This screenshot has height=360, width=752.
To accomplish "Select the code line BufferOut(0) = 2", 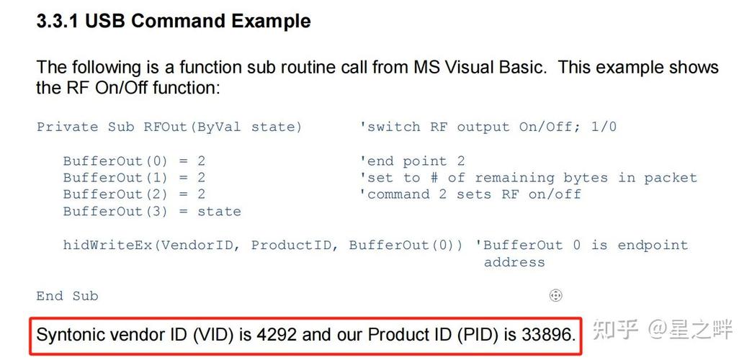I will pyautogui.click(x=134, y=161).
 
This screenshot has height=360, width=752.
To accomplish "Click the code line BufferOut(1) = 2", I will pyautogui.click(x=134, y=178).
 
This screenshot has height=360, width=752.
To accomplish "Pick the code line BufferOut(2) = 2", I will pyautogui.click(x=134, y=194).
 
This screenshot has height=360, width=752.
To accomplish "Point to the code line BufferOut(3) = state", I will pyautogui.click(x=152, y=212).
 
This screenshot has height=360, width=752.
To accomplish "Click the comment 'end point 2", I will pyautogui.click(x=412, y=161).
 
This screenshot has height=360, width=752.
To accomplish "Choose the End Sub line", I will pyautogui.click(x=67, y=296).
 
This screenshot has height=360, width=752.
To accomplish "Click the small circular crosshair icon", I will pyautogui.click(x=555, y=295).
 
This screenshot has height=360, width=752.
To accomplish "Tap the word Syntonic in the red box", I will pyautogui.click(x=69, y=335).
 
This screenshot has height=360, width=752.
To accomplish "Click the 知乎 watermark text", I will pyautogui.click(x=615, y=330).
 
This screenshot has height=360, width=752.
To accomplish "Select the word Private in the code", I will pyautogui.click(x=67, y=127).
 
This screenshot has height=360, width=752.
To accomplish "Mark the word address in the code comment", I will pyautogui.click(x=514, y=262).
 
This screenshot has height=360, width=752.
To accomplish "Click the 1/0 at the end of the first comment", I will pyautogui.click(x=604, y=127).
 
